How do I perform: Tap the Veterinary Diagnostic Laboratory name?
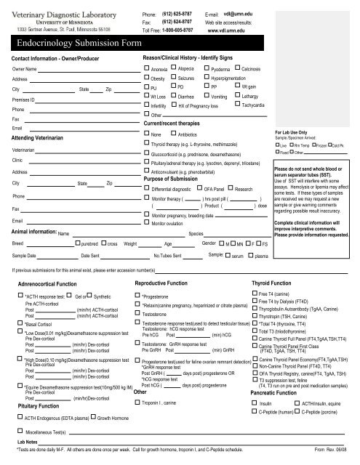65,9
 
